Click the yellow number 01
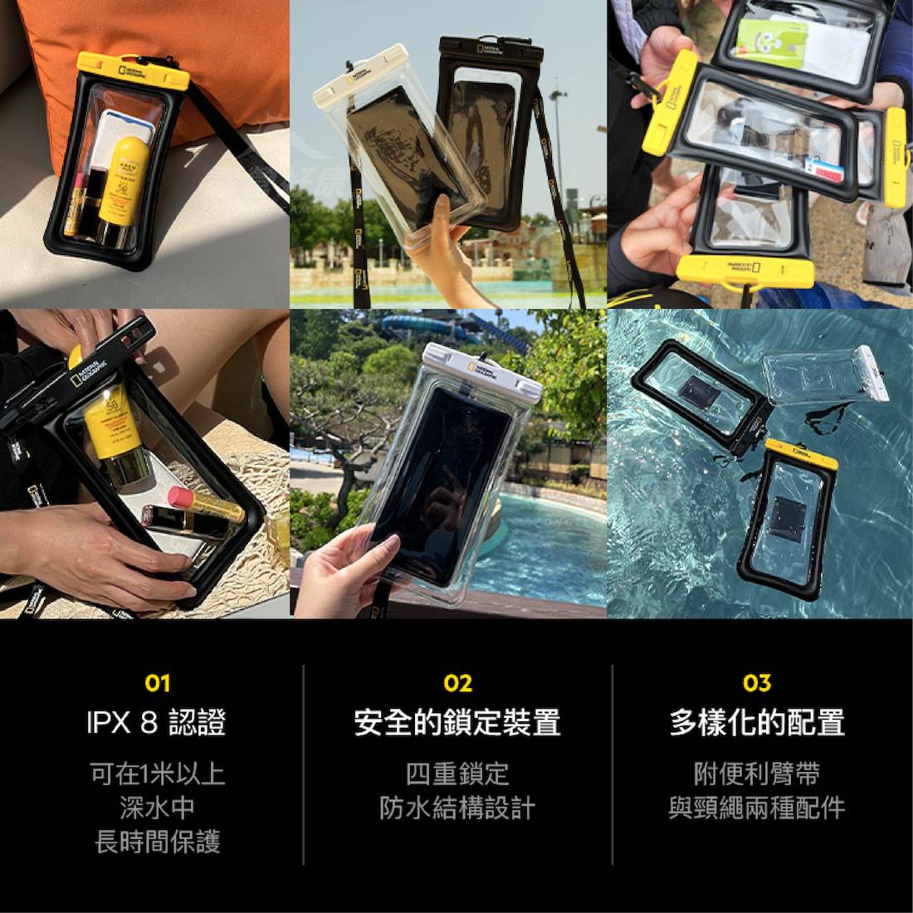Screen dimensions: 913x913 (157, 683)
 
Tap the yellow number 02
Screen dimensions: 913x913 (457, 683)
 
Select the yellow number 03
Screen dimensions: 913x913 (757, 683)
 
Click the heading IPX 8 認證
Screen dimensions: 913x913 (157, 722)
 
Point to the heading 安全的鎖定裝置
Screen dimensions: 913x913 (457, 722)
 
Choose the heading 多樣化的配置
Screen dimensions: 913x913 (757, 722)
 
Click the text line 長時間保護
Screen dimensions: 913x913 (157, 842)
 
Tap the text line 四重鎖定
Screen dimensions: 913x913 (457, 774)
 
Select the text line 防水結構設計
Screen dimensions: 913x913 (457, 808)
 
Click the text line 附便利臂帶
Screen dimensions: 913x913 (757, 774)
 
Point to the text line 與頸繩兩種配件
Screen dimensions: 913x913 (757, 808)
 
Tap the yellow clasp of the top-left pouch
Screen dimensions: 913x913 (133, 71)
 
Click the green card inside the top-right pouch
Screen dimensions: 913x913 (773, 41)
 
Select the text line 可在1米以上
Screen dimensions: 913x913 (157, 774)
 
